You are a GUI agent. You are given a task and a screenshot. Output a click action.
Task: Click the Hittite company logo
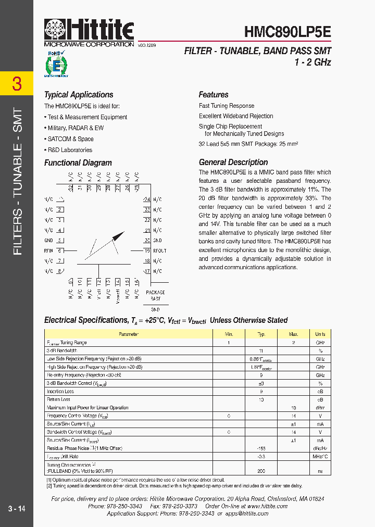point(89,32)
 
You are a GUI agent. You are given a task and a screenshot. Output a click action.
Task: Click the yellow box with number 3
point(17,84)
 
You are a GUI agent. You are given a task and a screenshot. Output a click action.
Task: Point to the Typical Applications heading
point(79,95)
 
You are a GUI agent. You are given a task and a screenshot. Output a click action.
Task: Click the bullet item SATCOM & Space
point(71,139)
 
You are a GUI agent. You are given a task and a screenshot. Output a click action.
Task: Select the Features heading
point(214,95)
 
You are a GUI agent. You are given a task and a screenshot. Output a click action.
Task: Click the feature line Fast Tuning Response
point(227,106)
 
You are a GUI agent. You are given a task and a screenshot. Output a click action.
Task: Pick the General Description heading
point(233,162)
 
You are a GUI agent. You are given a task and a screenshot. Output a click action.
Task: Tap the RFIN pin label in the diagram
point(48,250)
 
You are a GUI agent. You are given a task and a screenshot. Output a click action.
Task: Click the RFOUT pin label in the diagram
point(160,250)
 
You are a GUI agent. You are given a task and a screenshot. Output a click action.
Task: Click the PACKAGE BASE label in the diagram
point(155,296)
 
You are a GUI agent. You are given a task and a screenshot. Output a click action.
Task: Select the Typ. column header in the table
point(261,334)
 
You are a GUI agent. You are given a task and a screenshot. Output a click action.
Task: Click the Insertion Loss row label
point(60,392)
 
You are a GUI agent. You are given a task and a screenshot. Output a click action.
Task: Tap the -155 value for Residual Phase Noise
point(261,448)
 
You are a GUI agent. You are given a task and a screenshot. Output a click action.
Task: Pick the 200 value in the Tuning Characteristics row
point(261,471)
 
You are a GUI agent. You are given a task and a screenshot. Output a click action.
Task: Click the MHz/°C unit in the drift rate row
point(320,456)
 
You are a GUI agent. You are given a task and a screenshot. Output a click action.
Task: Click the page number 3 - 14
point(17,508)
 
